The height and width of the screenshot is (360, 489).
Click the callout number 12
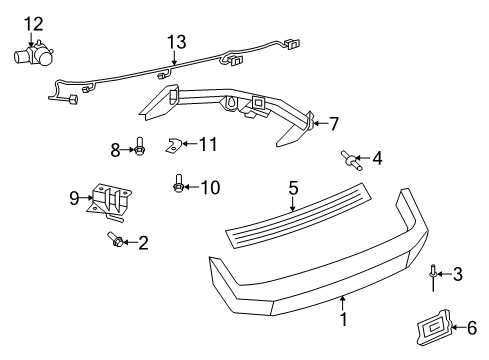point(34,22)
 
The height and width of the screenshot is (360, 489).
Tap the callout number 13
point(177,41)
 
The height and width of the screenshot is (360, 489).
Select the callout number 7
point(334,124)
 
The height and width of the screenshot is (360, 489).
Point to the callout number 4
point(376,158)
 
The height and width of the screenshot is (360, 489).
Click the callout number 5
point(294,187)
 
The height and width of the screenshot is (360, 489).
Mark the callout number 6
point(459,326)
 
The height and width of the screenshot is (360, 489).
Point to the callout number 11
point(207,144)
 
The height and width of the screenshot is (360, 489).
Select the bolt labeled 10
point(179,183)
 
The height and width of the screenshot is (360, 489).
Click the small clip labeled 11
point(171,147)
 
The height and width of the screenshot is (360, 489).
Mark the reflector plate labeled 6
point(428,327)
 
